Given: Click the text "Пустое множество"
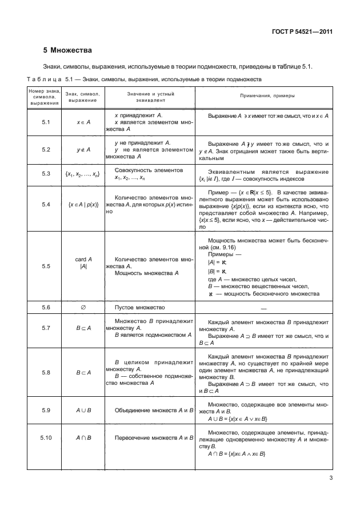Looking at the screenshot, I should (139, 308).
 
